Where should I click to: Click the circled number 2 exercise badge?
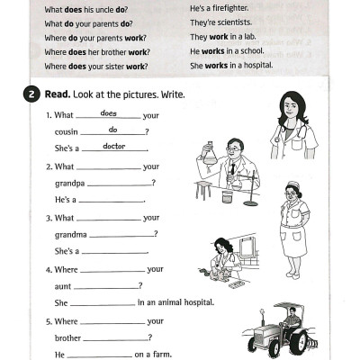32,94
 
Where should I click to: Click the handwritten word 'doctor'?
114,146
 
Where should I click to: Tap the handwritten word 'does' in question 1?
109,113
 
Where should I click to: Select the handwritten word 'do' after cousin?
112,130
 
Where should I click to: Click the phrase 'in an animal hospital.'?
175,302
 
